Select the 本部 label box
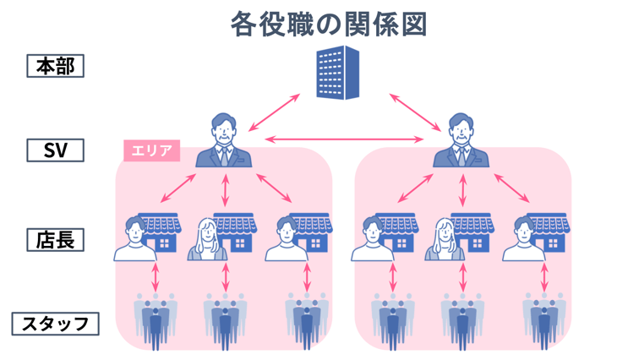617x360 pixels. click(x=56, y=66)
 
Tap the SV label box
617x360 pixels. click(x=56, y=150)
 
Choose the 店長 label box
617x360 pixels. click(x=56, y=239)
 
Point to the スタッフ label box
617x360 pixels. click(x=56, y=323)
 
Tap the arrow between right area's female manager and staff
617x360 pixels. click(x=462, y=277)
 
